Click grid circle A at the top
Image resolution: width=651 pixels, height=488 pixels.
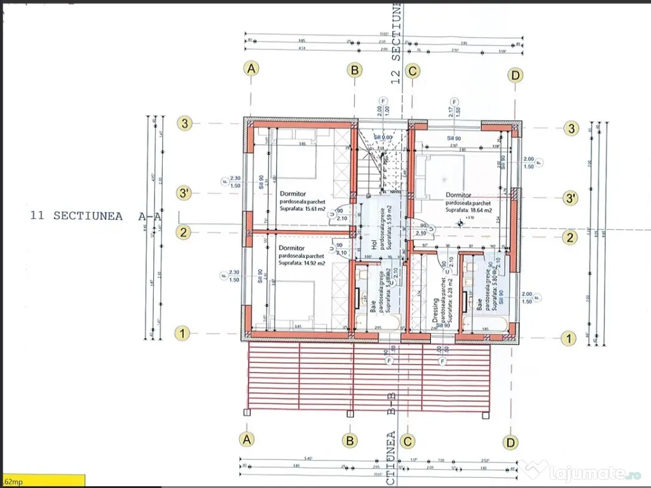click(x=252, y=69)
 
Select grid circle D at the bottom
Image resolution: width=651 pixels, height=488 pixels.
click(x=510, y=442)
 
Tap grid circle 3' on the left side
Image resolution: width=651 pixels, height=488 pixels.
click(x=184, y=194)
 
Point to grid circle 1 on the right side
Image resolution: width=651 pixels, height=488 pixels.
click(x=569, y=337)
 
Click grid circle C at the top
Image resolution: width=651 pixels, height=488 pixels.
click(x=412, y=71)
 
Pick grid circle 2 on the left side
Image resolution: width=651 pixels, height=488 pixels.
click(x=183, y=233)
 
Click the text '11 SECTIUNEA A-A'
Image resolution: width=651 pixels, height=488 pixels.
click(x=95, y=216)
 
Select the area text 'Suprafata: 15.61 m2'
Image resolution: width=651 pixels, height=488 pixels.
click(x=302, y=208)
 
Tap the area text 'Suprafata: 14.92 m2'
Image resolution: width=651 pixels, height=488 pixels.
click(x=302, y=262)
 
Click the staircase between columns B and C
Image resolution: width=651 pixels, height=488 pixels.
click(x=380, y=162)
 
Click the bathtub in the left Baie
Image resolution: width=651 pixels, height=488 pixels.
click(x=375, y=324)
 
